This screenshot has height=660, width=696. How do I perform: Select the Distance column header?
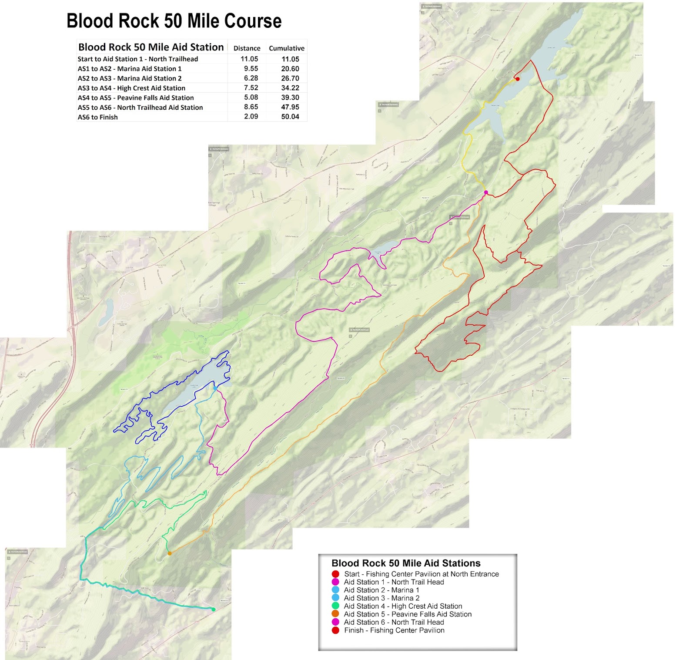tap(247, 48)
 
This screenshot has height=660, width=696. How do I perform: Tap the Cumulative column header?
tap(286, 48)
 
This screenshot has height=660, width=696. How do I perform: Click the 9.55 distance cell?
tap(251, 69)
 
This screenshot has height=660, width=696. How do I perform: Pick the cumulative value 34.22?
tap(290, 88)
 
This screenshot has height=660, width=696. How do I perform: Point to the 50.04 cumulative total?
tap(290, 117)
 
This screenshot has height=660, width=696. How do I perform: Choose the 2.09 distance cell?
tap(251, 117)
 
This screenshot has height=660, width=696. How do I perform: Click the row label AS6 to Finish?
tap(97, 117)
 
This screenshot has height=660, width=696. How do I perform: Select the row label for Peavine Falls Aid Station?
tap(136, 98)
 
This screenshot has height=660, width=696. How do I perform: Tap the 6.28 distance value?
tap(251, 78)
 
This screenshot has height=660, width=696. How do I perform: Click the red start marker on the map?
tap(517, 79)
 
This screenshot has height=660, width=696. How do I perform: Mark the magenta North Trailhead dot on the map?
tap(486, 192)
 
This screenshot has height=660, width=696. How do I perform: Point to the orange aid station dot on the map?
tap(170, 553)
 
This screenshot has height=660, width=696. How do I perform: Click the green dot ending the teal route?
tap(213, 609)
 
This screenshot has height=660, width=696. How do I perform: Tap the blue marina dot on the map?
tap(215, 388)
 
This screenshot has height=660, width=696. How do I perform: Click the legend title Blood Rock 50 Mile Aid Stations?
tap(406, 563)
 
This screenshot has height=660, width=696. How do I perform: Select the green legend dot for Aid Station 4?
tap(335, 606)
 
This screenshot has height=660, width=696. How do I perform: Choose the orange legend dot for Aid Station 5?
tap(335, 614)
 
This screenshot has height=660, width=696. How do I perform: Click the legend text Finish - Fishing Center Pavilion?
tap(394, 630)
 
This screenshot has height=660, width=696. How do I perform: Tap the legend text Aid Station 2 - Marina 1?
tap(381, 590)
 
